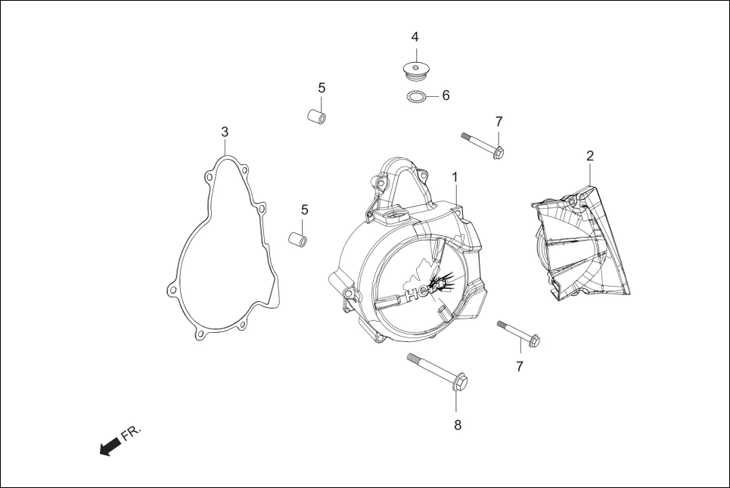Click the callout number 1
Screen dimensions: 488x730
tap(455, 176)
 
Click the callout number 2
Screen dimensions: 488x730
tap(590, 156)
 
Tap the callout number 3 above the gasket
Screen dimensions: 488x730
tap(225, 132)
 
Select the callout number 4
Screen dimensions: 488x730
tap(415, 37)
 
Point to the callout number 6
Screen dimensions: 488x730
tap(446, 95)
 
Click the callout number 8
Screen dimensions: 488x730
tap(457, 425)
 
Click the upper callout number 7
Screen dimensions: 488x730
tap(499, 121)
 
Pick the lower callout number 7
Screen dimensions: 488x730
tap(520, 366)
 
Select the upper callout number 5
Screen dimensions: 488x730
tap(322, 89)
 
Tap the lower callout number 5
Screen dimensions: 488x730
tap(304, 210)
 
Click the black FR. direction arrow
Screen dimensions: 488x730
tap(110, 445)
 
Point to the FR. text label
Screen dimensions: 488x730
tap(132, 432)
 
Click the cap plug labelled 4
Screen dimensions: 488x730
tap(415, 70)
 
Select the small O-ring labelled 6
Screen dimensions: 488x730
tap(415, 96)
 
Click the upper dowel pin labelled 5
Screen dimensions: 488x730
tap(315, 117)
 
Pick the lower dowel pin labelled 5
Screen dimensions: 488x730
tap(297, 239)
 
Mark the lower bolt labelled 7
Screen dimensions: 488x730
tap(518, 334)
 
